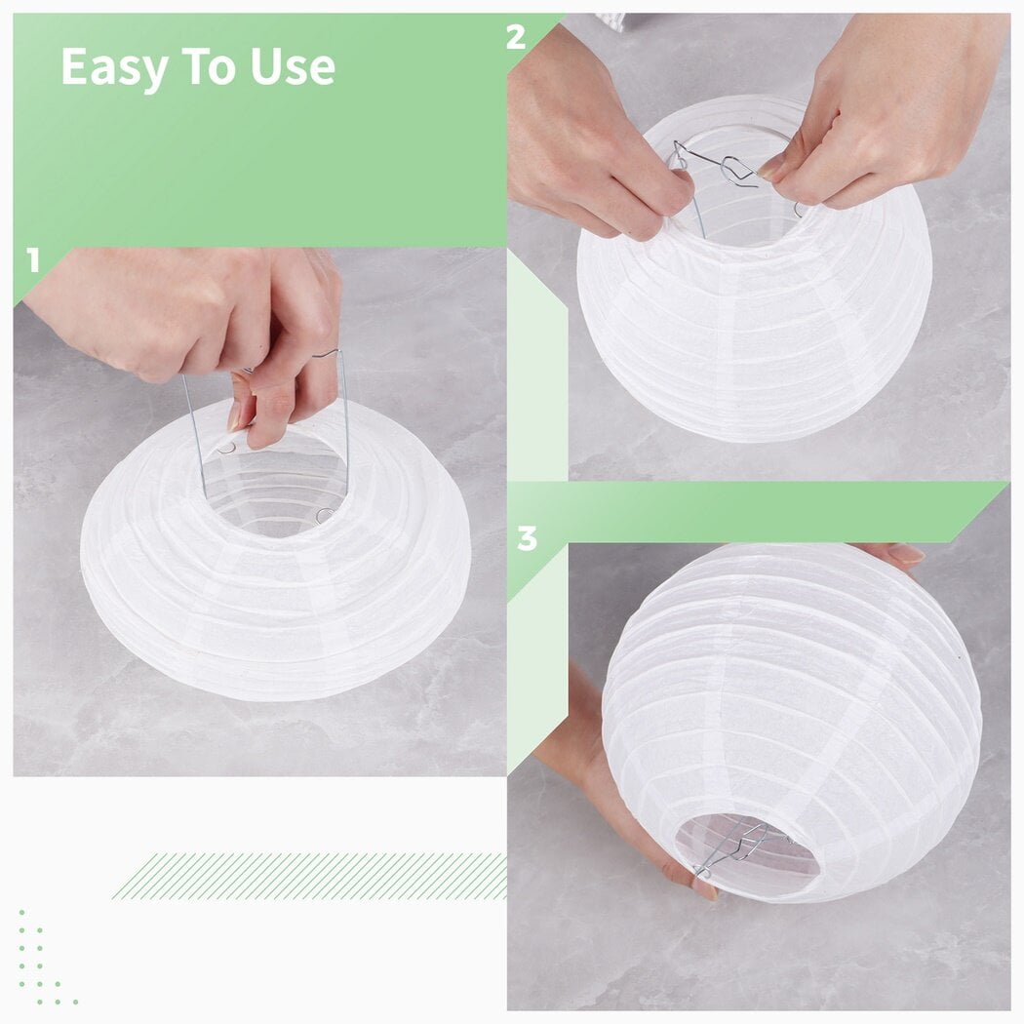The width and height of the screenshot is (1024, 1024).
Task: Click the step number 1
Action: click(33, 261)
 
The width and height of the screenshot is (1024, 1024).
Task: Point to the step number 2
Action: click(516, 37)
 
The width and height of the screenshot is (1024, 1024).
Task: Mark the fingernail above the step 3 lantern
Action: click(906, 554)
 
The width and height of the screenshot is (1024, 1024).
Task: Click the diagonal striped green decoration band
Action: click(312, 875)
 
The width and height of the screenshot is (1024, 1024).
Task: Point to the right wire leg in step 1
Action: click(345, 419)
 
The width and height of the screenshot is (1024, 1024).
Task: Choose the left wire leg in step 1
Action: click(194, 429)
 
